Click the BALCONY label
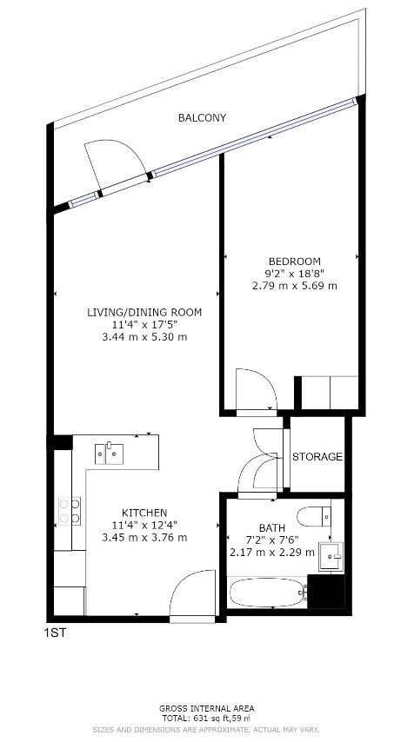pos(202,117)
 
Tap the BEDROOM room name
pos(294,262)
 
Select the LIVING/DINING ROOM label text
pos(144,312)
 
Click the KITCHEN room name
pos(144,513)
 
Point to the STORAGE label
pos(317,457)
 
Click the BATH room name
pos(271,527)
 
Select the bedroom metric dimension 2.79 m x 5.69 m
pos(294,286)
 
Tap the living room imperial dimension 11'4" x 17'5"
pos(144,324)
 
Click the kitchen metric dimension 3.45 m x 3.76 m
pos(144,537)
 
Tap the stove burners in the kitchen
pos(69,510)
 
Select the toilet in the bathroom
pos(312,518)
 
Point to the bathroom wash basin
pos(330,554)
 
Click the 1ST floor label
pos(54,633)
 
